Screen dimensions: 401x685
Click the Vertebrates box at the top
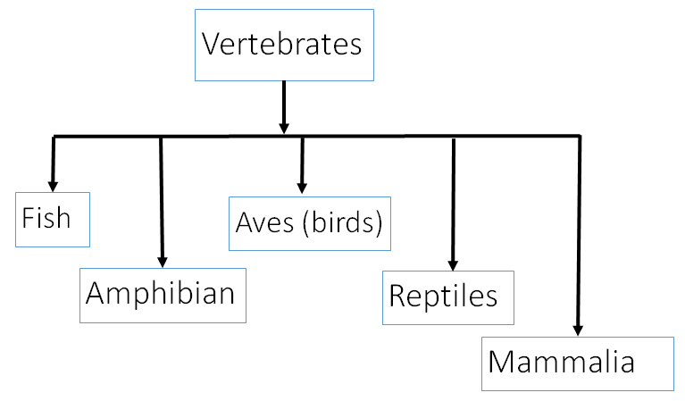click(283, 44)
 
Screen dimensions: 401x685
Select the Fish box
click(53, 219)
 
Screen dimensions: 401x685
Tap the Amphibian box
click(162, 294)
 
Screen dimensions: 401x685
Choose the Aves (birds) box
click(309, 222)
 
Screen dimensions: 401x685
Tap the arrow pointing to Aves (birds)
click(302, 164)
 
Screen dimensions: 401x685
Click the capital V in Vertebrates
click(212, 44)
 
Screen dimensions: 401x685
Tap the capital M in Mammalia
click(504, 363)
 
